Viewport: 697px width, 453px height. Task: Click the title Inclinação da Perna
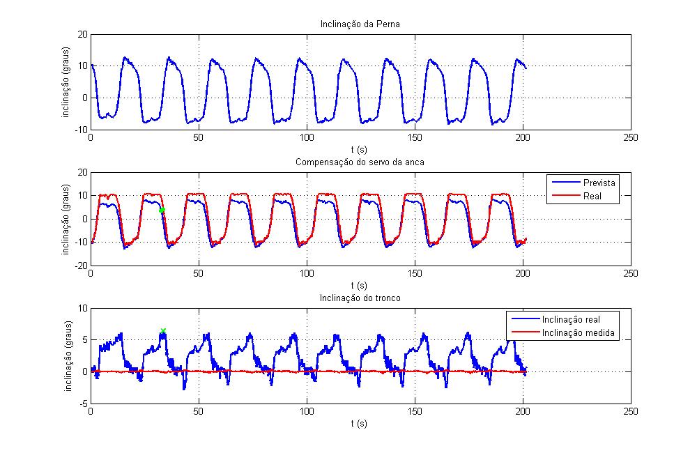(360, 24)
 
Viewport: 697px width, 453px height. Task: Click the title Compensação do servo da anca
(360, 162)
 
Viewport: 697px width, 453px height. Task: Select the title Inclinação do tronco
(360, 299)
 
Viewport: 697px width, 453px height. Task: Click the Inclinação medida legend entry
(578, 333)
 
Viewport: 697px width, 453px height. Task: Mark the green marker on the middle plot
(162, 210)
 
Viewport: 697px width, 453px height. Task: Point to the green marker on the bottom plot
(163, 331)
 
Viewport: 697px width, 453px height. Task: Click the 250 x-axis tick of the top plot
(631, 138)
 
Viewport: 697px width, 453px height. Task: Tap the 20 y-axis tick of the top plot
(82, 34)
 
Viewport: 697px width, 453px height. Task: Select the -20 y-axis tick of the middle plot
(80, 266)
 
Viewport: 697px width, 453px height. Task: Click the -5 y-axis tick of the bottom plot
(83, 404)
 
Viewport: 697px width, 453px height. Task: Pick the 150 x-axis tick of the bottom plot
(415, 412)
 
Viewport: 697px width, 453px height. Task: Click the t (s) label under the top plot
(360, 148)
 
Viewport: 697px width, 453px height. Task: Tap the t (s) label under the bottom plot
(360, 422)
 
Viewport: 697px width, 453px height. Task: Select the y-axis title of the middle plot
(66, 219)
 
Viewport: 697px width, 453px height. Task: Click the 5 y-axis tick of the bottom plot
(84, 340)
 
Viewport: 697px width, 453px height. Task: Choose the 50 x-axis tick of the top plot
(199, 138)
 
